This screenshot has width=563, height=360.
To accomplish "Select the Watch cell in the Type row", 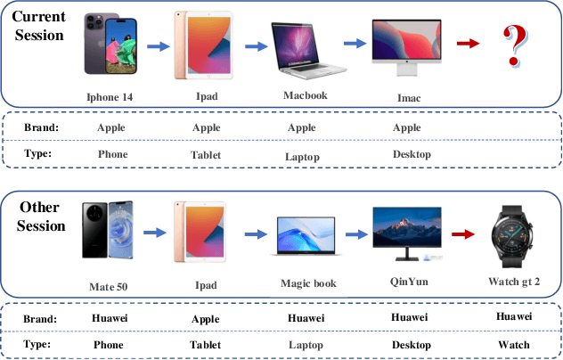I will pos(513,345).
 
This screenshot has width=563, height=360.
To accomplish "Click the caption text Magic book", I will pos(306,282).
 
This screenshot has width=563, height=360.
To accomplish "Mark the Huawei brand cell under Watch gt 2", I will pos(514,316).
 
